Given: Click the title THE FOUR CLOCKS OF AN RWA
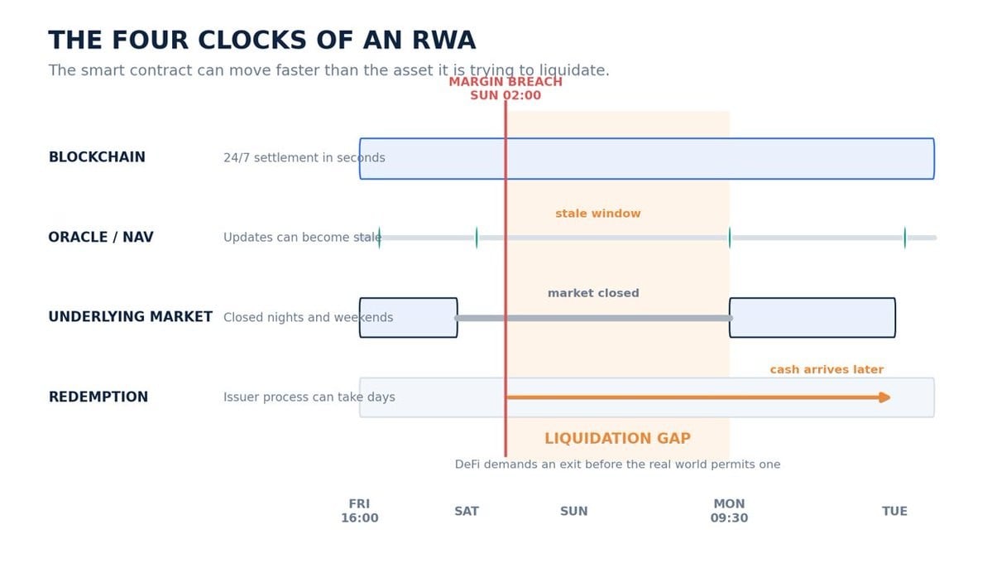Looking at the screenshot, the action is pos(262,40).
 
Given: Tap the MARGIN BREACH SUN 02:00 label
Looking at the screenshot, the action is pos(506,89).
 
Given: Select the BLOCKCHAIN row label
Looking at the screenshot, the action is pos(97,157).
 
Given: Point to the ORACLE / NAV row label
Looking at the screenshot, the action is pos(101,237).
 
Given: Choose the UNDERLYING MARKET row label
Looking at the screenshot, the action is pos(131,316).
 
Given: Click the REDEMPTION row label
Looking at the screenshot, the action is pos(98,397).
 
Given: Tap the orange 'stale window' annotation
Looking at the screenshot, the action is pos(598,214).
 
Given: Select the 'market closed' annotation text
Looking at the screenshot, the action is pos(593,293).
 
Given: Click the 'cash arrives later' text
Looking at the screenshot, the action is pos(827,369).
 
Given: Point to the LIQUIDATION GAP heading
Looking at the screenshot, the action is pos(617,438).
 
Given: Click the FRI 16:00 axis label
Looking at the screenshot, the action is pos(359,511).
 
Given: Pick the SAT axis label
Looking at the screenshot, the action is pos(467,511).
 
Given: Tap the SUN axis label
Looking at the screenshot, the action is pos(574,511).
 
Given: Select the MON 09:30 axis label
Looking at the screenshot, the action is pos(729,511).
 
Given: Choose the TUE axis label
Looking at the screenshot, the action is pos(894,511).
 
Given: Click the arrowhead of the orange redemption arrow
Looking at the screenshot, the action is pos(885,397).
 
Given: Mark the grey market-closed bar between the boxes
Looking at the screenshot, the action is pos(593,318).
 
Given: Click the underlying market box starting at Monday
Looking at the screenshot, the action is pos(812,317).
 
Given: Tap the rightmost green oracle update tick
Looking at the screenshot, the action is pos(904,238).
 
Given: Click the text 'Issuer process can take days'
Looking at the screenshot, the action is pos(309,397).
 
